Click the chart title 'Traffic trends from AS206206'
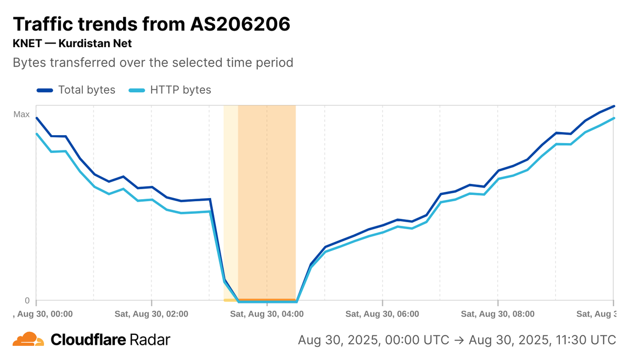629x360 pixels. click(x=151, y=24)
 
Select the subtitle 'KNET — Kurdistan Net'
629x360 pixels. click(x=72, y=43)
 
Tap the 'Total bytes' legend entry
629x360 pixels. click(x=86, y=90)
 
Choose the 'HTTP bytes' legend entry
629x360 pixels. click(x=180, y=90)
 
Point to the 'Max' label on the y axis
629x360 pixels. click(x=21, y=114)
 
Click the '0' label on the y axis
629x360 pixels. click(x=27, y=300)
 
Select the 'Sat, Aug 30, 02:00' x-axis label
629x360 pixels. click(x=151, y=314)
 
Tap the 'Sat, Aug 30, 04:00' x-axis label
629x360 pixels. click(x=267, y=314)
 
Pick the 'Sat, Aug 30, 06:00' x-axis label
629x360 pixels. click(x=382, y=314)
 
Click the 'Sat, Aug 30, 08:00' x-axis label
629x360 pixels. click(x=497, y=314)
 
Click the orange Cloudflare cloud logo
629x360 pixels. click(x=28, y=340)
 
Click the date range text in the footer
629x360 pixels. click(x=457, y=340)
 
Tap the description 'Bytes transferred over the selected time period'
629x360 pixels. click(x=153, y=62)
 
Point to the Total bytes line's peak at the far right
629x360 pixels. click(x=613, y=106)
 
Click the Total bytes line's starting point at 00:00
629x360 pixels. click(x=36, y=118)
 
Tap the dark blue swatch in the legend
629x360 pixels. click(x=45, y=90)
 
